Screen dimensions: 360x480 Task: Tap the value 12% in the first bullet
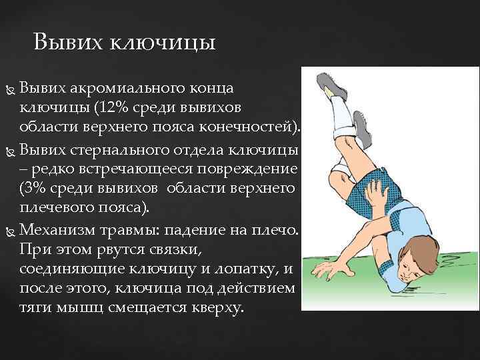(x=111, y=107)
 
